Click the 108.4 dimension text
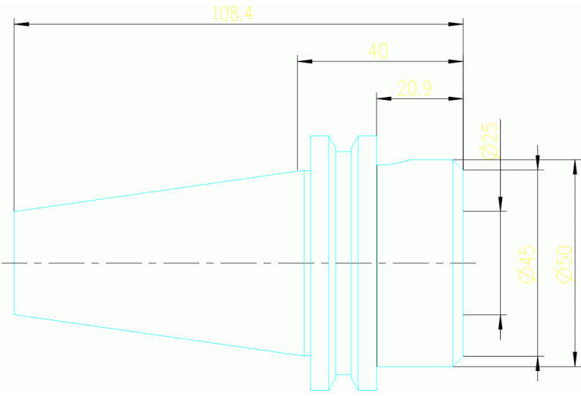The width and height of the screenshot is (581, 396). click(233, 14)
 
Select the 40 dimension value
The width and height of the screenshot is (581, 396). click(378, 51)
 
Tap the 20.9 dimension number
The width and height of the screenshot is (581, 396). click(414, 89)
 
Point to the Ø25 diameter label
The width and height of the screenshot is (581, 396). click(489, 141)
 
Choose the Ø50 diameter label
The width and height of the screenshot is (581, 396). click(564, 264)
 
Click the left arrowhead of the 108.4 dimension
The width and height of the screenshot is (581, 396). click(21, 24)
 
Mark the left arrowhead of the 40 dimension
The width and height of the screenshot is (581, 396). click(305, 61)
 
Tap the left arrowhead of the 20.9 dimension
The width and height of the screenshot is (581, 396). click(384, 98)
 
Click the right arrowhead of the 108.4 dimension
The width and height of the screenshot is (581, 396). click(456, 24)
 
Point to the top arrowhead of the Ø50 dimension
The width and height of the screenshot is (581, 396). click(575, 167)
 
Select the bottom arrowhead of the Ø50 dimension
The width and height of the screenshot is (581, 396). click(575, 360)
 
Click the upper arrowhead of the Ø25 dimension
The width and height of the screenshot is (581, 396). click(500, 204)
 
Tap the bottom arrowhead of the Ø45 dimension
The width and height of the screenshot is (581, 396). click(538, 363)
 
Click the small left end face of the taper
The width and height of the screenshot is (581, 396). click(14, 263)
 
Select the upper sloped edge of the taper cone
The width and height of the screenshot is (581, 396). click(159, 191)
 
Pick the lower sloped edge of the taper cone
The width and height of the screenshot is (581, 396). click(159, 335)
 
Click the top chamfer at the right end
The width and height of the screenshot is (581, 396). click(458, 165)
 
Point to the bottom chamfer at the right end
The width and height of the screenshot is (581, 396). click(458, 361)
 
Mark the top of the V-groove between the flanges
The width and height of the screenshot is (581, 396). click(343, 151)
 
